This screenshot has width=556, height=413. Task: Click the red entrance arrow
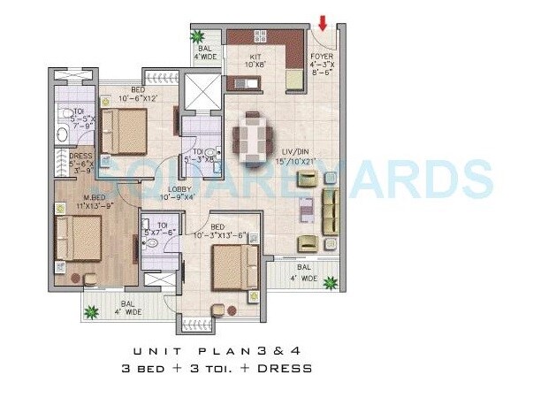pos(323,22)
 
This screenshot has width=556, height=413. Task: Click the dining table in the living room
pos(253,137)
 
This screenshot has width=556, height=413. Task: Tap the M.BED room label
pos(73,200)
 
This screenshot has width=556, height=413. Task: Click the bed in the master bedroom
pos(78,239)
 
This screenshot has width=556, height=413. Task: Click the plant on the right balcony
pos(330,284)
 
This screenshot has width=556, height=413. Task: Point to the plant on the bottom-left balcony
pos(92,310)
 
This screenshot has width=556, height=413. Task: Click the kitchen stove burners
pos(261,37)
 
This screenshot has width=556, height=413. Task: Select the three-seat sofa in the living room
pos(330,211)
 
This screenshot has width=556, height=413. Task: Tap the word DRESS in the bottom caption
pos(288,368)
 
